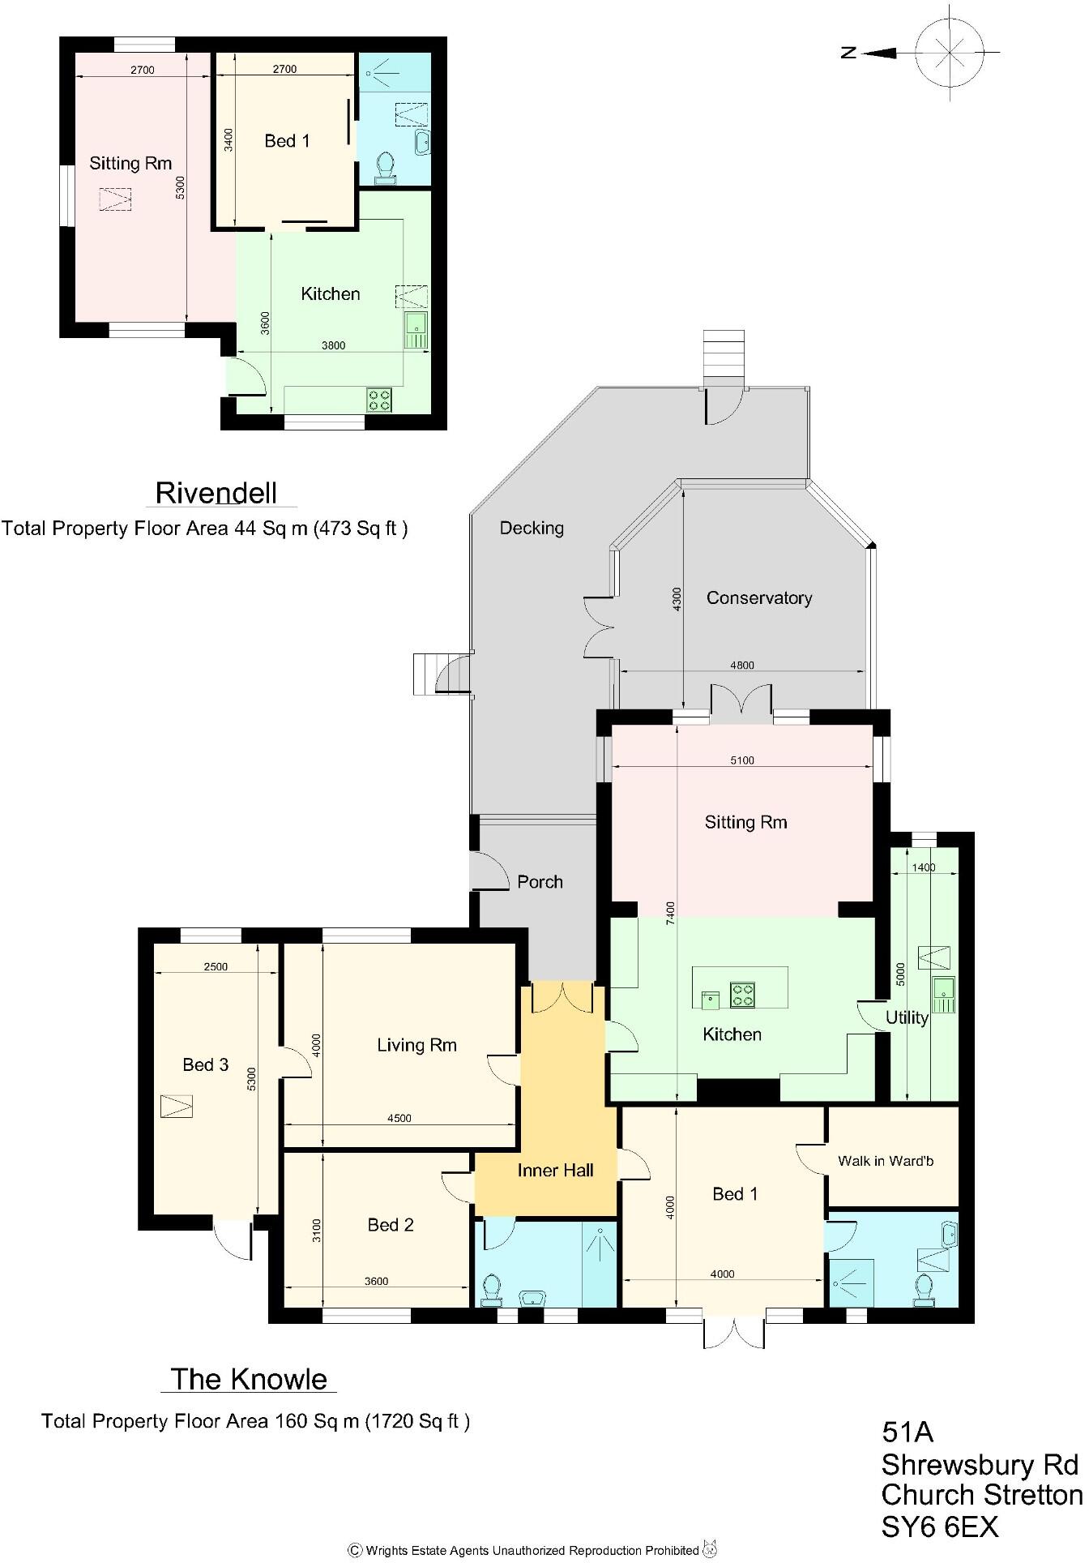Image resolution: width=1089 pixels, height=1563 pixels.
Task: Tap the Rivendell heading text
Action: pos(216,493)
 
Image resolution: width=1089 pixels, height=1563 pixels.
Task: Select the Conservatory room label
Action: pos(758,598)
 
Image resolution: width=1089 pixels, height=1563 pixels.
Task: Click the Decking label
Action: pos(532,528)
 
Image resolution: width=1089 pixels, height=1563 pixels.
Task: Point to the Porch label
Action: pos(540,882)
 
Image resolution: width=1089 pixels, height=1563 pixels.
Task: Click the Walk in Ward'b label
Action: pos(885,1161)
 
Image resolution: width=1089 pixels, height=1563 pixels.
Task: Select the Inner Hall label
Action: pos(555,1171)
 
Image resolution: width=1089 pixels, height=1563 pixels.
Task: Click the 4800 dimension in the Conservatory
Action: pos(741,666)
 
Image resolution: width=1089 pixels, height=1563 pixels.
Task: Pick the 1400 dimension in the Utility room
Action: pos(924,867)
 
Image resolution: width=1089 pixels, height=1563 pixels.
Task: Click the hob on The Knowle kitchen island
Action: pos(742,995)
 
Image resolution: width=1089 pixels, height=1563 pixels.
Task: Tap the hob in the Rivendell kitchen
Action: pos(378,400)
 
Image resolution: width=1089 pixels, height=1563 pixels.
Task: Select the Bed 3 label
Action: pos(205,1065)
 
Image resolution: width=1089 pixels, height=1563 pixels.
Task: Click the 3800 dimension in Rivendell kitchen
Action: pos(333,345)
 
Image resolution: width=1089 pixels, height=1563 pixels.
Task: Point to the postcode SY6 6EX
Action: pos(940,1527)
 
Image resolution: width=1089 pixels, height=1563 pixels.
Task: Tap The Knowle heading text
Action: pos(249,1379)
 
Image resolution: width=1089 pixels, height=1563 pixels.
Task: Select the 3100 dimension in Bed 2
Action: pos(317,1230)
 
